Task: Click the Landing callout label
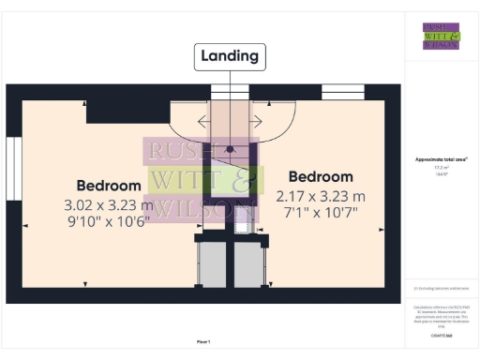230,56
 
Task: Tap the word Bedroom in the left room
109,185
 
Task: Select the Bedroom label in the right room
321,177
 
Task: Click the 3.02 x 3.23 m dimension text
109,204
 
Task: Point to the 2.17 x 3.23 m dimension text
321,197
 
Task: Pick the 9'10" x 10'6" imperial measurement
109,221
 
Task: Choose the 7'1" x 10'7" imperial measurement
321,214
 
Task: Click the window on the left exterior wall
12,164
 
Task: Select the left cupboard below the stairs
214,264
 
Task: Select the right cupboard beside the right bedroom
250,264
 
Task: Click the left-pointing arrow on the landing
204,121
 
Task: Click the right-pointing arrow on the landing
255,121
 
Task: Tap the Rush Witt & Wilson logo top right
441,35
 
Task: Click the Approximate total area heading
441,160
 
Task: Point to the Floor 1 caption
202,341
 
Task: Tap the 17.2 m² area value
441,168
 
